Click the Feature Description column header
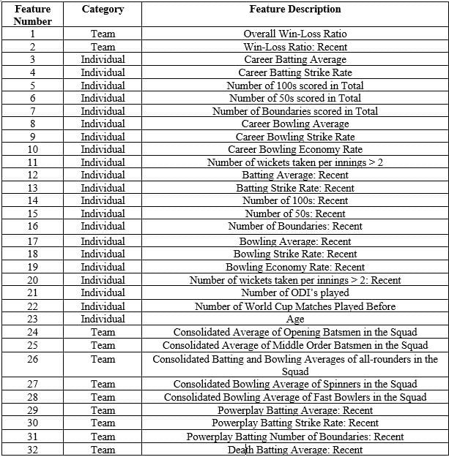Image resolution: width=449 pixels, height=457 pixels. tap(294, 10)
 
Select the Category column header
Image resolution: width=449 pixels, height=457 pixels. tap(103, 10)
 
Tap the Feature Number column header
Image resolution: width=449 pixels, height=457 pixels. tap(32, 15)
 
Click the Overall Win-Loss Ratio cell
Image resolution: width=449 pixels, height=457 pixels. tap(294, 34)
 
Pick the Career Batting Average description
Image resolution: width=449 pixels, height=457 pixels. tap(294, 59)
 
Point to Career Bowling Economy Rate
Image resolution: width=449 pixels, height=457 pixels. tap(294, 149)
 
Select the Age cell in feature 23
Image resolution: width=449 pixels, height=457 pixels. tap(294, 319)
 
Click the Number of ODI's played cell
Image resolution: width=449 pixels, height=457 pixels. tap(294, 293)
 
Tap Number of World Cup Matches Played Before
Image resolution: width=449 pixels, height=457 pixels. tap(294, 306)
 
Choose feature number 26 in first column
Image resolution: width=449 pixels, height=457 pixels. tap(32, 359)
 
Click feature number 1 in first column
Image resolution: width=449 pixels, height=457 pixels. tap(32, 34)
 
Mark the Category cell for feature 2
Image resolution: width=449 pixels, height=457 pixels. tap(103, 47)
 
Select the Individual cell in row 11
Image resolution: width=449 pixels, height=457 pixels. tap(103, 162)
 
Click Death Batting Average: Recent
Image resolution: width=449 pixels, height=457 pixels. tap(294, 450)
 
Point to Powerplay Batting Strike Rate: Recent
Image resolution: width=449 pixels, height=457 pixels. tap(294, 423)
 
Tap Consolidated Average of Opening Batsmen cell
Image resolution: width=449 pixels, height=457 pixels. tap(294, 331)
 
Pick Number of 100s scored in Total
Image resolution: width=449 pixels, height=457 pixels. tap(294, 86)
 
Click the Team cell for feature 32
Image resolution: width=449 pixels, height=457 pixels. tap(103, 450)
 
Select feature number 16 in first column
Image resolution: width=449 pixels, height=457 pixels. tap(32, 227)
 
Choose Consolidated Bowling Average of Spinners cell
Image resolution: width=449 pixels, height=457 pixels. tap(294, 384)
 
